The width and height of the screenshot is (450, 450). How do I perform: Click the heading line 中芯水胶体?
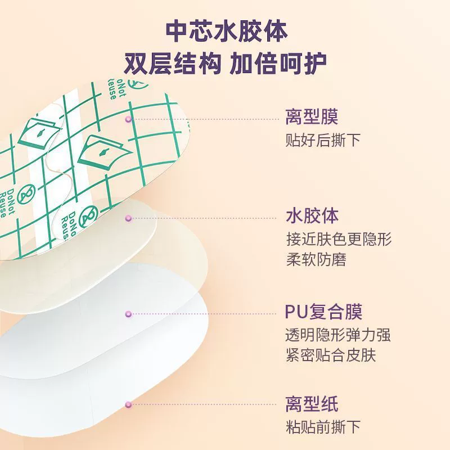(227, 31)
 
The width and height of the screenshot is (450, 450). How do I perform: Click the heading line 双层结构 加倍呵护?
(226, 64)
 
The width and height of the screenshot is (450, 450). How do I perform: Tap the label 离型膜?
(312, 116)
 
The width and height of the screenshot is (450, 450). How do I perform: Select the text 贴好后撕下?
(323, 140)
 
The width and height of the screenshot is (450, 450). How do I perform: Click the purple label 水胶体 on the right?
(312, 215)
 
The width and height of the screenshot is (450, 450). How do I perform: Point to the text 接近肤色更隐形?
(339, 239)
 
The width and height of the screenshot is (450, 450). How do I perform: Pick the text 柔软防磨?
(316, 259)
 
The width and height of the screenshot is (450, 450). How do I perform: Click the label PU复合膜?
(323, 312)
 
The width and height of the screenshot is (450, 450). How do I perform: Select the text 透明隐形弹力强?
(338, 335)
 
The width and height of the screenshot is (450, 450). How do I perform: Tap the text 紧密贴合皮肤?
(331, 355)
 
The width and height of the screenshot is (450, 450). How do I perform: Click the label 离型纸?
(312, 404)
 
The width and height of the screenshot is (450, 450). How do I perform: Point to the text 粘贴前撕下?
(323, 427)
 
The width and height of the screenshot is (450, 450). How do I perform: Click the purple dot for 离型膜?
(128, 119)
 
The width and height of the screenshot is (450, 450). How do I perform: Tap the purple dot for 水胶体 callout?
(128, 218)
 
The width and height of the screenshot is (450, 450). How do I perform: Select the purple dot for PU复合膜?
(128, 314)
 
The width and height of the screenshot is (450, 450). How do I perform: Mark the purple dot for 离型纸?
(128, 404)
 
